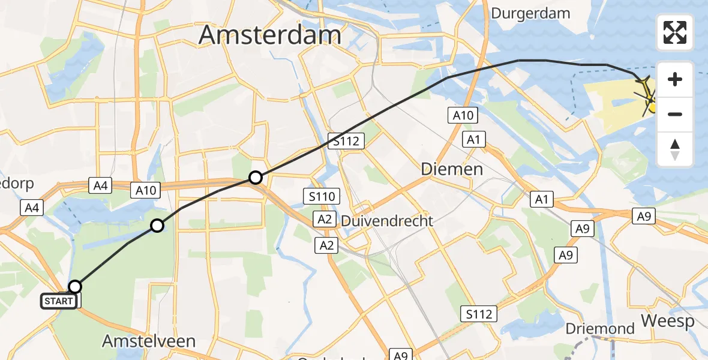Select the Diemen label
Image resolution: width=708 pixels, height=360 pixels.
click(x=452, y=169)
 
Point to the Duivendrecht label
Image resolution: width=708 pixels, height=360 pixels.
click(x=387, y=221)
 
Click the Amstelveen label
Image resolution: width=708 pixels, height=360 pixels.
click(x=149, y=341)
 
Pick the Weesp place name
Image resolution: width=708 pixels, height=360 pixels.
click(x=667, y=321)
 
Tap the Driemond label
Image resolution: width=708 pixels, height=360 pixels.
click(x=600, y=329)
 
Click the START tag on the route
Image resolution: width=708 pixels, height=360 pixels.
click(x=59, y=301)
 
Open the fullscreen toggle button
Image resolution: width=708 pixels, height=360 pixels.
click(x=675, y=32)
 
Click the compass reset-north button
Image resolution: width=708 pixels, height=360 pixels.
click(x=675, y=149)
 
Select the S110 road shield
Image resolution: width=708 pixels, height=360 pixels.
click(x=322, y=196)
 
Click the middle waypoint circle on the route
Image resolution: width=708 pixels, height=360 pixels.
click(x=157, y=226)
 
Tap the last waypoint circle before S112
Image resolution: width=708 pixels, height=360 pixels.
click(x=256, y=177)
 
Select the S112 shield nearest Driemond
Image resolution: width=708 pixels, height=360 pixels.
click(x=478, y=313)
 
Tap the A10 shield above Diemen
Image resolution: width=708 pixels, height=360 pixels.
click(x=463, y=116)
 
